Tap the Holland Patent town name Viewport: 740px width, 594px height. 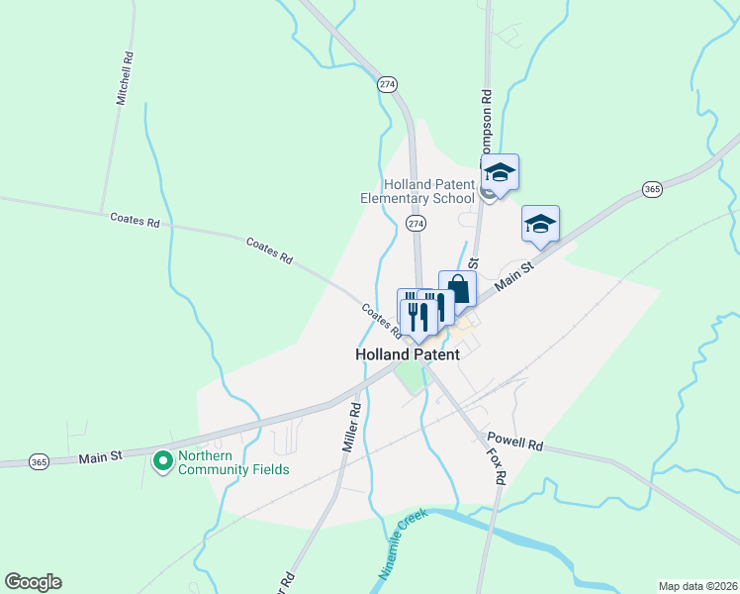(x=408, y=353)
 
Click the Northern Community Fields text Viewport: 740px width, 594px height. (x=233, y=462)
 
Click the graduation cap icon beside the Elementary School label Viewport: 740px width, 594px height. (x=500, y=173)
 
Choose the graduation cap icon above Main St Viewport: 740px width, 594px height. (x=540, y=224)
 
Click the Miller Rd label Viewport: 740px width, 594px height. (x=350, y=427)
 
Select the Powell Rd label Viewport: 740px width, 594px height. (x=514, y=445)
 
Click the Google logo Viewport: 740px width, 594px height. (x=33, y=582)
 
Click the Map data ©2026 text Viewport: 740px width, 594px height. (x=696, y=585)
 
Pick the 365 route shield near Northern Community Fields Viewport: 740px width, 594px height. (x=39, y=461)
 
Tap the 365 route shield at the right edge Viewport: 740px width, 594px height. (x=651, y=188)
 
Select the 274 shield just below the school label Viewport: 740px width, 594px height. (x=416, y=225)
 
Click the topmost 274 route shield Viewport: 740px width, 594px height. (x=387, y=85)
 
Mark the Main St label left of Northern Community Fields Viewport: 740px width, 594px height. (x=100, y=456)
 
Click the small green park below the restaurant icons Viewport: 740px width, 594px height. (x=407, y=375)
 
